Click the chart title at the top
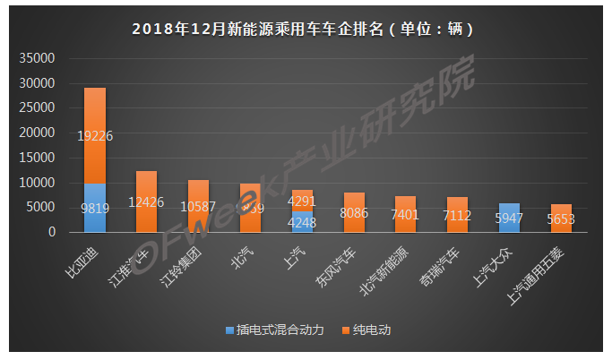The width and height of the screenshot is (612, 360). pyautogui.click(x=304, y=29)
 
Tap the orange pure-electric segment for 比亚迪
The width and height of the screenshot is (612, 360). pyautogui.click(x=95, y=135)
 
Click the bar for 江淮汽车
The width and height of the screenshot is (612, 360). pyautogui.click(x=147, y=201)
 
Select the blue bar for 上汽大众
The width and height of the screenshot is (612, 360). pyautogui.click(x=509, y=218)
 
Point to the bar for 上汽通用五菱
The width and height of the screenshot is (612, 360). pyautogui.click(x=561, y=219)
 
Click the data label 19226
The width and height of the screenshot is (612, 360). pyautogui.click(x=95, y=136)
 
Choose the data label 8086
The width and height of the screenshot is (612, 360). pyautogui.click(x=354, y=215)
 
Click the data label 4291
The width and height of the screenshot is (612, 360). pyautogui.click(x=302, y=201)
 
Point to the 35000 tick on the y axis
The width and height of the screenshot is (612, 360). pyautogui.click(x=38, y=59)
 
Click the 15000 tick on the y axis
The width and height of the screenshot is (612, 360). pyautogui.click(x=38, y=159)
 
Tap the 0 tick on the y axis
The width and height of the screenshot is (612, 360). pyautogui.click(x=52, y=233)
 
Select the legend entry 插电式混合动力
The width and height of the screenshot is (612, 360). pyautogui.click(x=274, y=330)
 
